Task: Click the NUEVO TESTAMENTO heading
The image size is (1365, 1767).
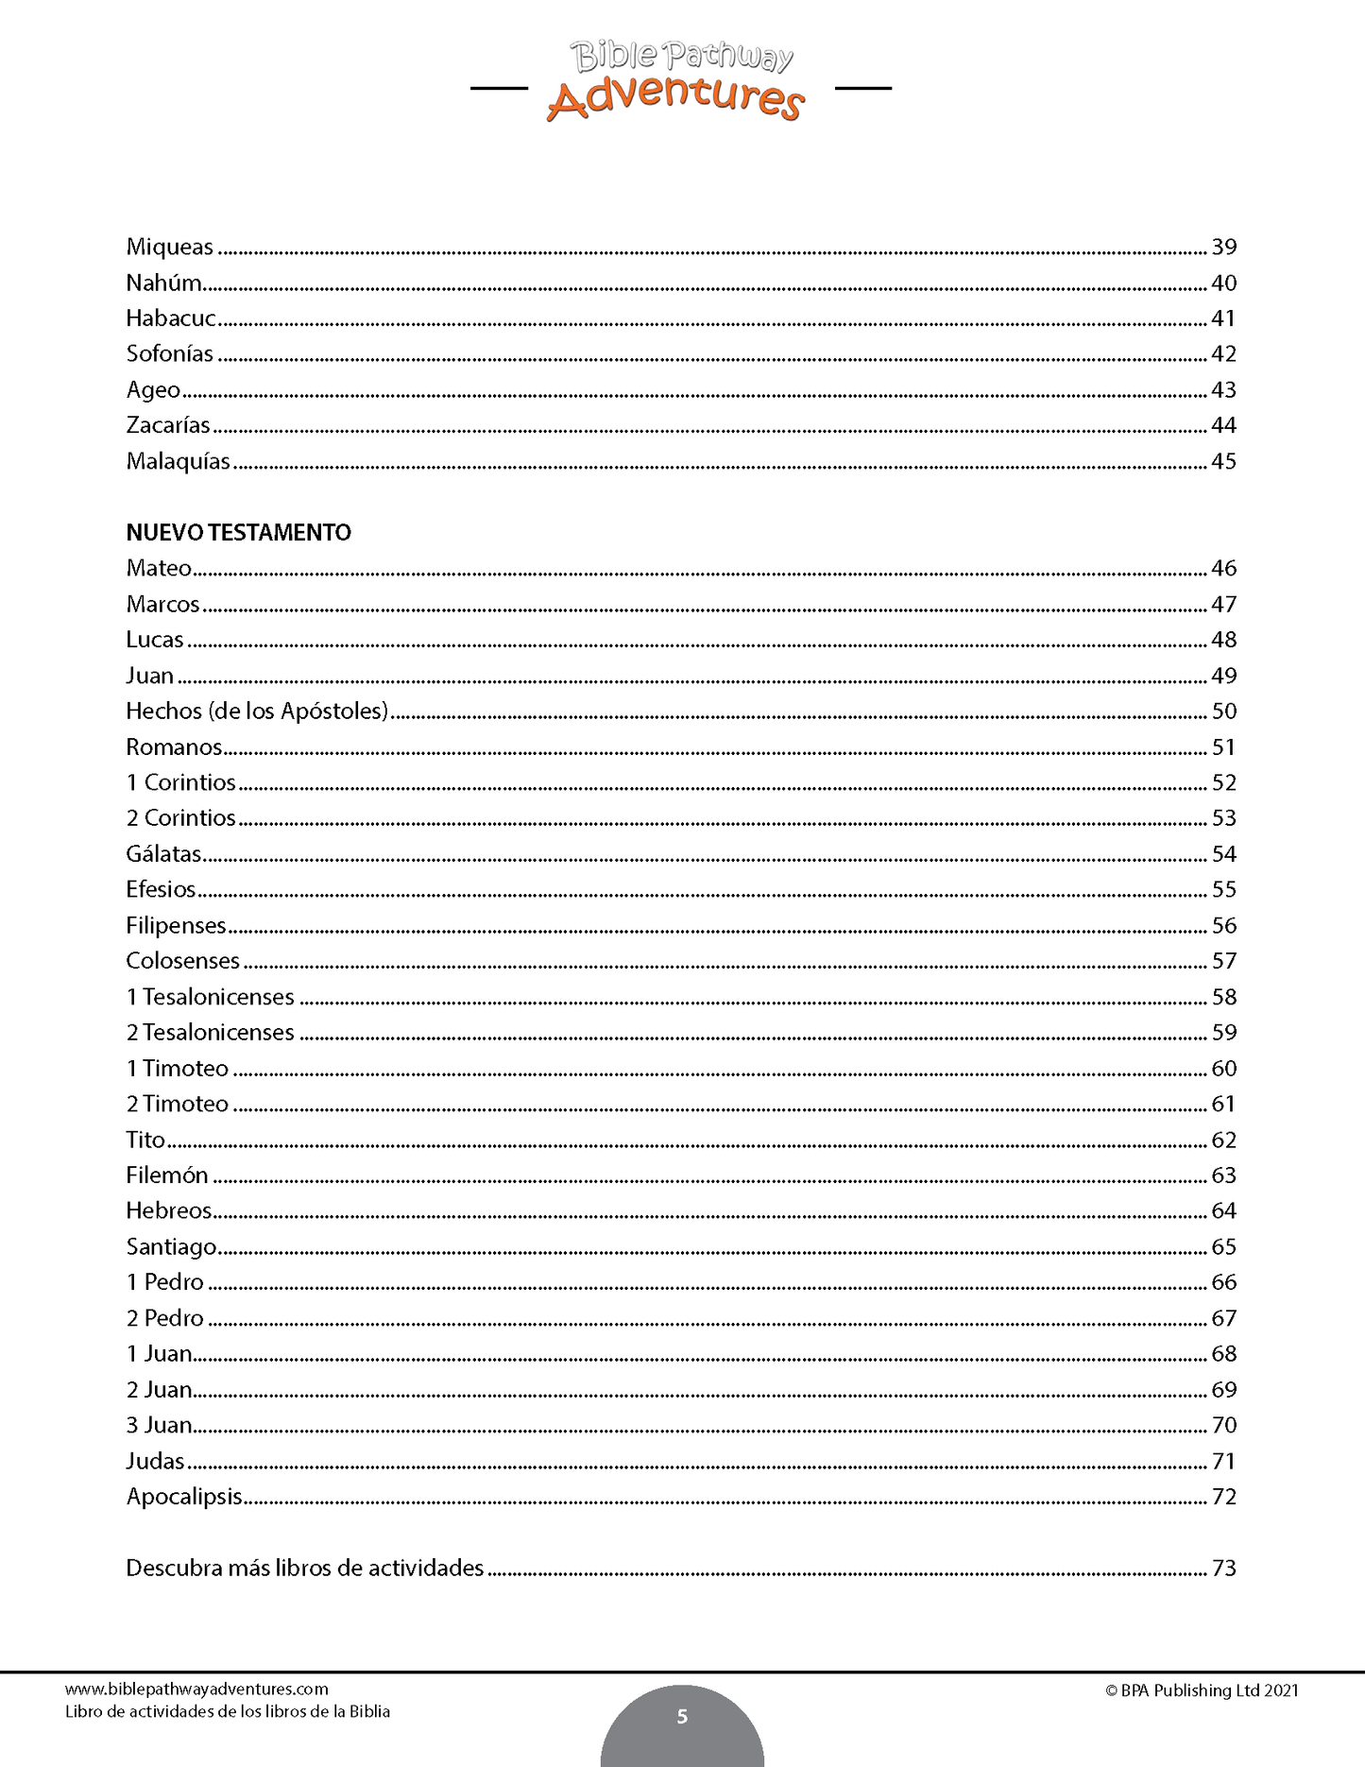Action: (x=238, y=533)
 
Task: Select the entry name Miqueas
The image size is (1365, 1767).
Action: (x=170, y=248)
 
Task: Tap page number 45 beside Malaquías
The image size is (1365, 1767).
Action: (x=1223, y=462)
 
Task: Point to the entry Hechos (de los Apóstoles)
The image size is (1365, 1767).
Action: (x=257, y=712)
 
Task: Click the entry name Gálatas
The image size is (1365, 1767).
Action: (x=163, y=854)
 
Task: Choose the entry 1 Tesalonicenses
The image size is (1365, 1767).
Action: (x=210, y=998)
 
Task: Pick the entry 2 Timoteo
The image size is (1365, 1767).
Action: (x=178, y=1105)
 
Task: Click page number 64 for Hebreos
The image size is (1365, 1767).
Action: (x=1223, y=1211)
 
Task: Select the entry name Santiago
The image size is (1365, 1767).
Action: (x=171, y=1247)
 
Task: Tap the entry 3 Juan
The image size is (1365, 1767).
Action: (x=159, y=1426)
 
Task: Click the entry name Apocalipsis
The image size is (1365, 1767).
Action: (x=184, y=1498)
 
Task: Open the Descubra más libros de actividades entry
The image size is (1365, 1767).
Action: (x=304, y=1569)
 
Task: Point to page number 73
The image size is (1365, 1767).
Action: (x=1223, y=1569)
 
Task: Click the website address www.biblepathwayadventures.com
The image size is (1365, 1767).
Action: (x=196, y=1690)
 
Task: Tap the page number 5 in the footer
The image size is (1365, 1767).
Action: (x=682, y=1717)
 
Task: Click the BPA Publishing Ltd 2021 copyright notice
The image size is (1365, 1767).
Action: (x=1202, y=1690)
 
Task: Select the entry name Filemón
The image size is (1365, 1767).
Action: (x=167, y=1175)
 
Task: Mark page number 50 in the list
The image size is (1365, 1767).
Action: (x=1223, y=712)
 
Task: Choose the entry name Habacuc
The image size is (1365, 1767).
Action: (x=171, y=318)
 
